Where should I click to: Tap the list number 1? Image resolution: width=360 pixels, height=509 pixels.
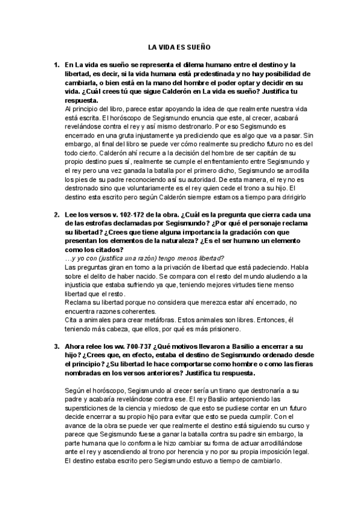(56, 64)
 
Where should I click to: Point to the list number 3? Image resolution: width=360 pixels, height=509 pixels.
(56, 346)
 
